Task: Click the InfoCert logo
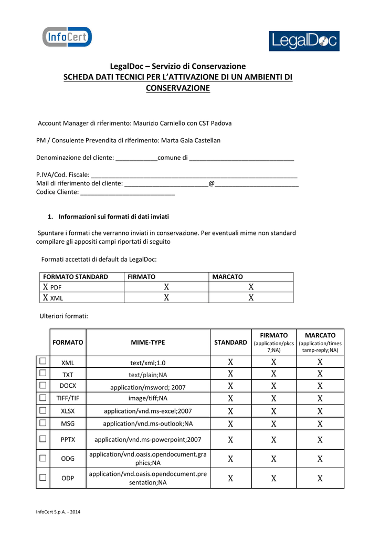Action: coord(67,37)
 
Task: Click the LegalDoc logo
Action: coord(304,41)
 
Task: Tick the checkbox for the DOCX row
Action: coord(43,386)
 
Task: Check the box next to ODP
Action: coord(43,477)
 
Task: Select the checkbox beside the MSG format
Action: coord(43,422)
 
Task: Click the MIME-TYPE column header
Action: coord(147,342)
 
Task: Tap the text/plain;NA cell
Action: coord(148,375)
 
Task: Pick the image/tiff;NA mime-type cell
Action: coord(148,398)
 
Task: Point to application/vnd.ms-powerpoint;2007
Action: coord(148,439)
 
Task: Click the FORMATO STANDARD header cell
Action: coord(76,276)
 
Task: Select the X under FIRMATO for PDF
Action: coord(166,287)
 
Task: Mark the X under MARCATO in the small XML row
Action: coord(251,298)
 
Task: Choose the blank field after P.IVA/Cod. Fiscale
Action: coord(194,174)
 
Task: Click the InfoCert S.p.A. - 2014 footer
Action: coord(58,512)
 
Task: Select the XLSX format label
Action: coord(68,411)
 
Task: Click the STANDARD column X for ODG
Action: coord(230,459)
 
